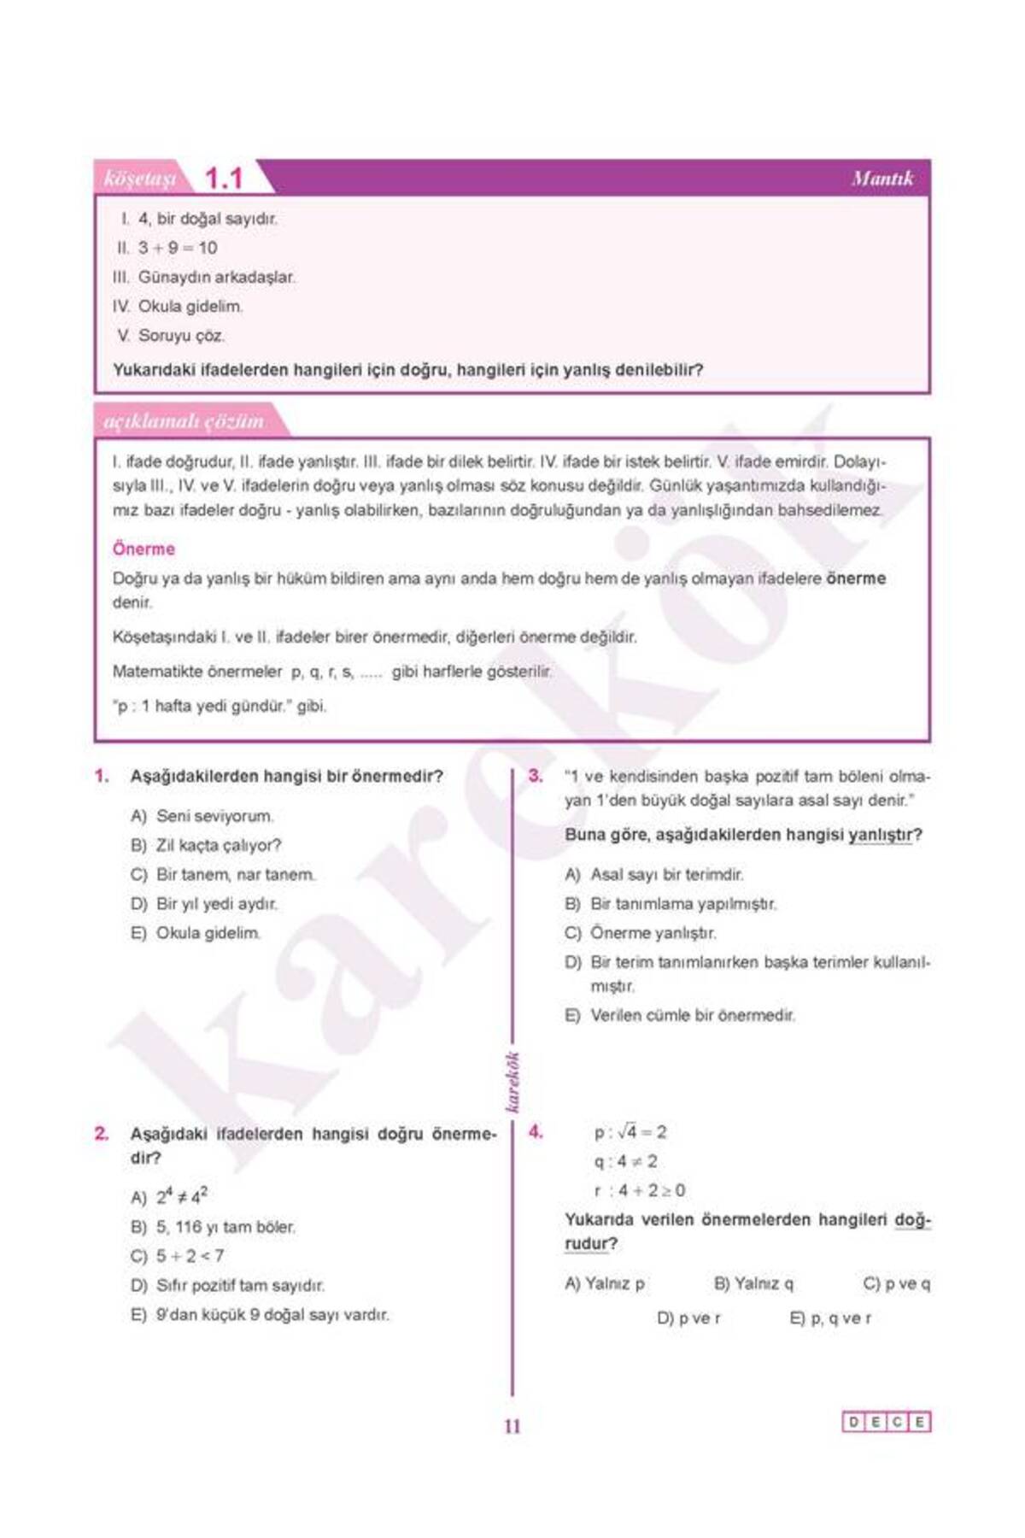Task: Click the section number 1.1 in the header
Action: pyautogui.click(x=224, y=179)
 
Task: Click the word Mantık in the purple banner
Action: pyautogui.click(x=881, y=179)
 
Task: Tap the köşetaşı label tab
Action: pyautogui.click(x=138, y=179)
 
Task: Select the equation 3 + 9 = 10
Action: pyautogui.click(x=178, y=248)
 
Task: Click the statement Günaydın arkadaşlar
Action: pyautogui.click(x=216, y=277)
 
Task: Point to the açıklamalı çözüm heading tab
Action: pyautogui.click(x=183, y=421)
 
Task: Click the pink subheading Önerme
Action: pyautogui.click(x=143, y=549)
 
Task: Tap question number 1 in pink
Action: pyautogui.click(x=102, y=776)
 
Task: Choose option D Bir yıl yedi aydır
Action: pyautogui.click(x=215, y=903)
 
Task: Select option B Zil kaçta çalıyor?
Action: pyautogui.click(x=218, y=845)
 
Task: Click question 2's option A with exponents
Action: pyautogui.click(x=181, y=1196)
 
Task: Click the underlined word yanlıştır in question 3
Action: pyautogui.click(x=880, y=835)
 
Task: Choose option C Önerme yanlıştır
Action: pyautogui.click(x=653, y=933)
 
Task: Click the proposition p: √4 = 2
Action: pyautogui.click(x=630, y=1132)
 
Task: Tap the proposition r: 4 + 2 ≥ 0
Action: pyautogui.click(x=640, y=1190)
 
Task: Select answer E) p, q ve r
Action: pyautogui.click(x=830, y=1318)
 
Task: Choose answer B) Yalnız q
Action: pyautogui.click(x=753, y=1283)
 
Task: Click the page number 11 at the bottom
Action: pyautogui.click(x=512, y=1426)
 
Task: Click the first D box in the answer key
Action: pyautogui.click(x=853, y=1423)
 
